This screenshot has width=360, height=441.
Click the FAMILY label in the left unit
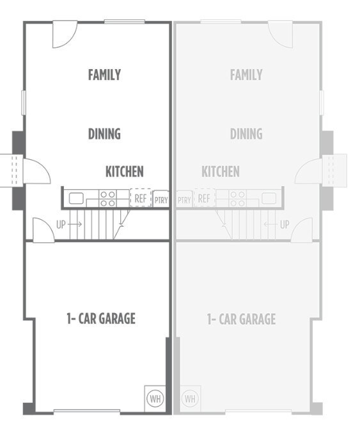click(x=104, y=75)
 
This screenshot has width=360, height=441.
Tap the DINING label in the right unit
click(x=246, y=134)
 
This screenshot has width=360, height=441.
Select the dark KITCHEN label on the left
click(x=124, y=171)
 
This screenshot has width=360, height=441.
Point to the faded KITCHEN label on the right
click(x=221, y=171)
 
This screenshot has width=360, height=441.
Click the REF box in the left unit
click(x=141, y=198)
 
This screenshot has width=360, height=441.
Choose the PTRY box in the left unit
click(x=161, y=199)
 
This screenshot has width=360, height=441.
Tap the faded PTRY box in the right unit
click(x=184, y=199)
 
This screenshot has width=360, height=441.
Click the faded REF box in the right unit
click(x=204, y=198)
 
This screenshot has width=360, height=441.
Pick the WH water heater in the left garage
click(x=155, y=398)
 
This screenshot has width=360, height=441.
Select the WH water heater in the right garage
click(x=191, y=398)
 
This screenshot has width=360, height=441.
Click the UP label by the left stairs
click(x=61, y=224)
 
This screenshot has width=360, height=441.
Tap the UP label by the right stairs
click(x=285, y=224)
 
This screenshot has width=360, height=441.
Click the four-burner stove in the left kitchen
click(x=107, y=198)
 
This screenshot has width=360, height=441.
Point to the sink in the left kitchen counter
click(x=76, y=198)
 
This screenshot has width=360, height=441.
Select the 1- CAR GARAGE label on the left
click(x=101, y=318)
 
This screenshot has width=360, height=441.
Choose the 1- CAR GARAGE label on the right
click(x=241, y=318)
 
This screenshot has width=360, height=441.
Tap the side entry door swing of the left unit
click(x=36, y=170)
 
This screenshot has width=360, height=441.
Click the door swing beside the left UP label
click(x=43, y=229)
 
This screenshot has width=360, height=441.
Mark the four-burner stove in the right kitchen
click(x=237, y=198)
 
